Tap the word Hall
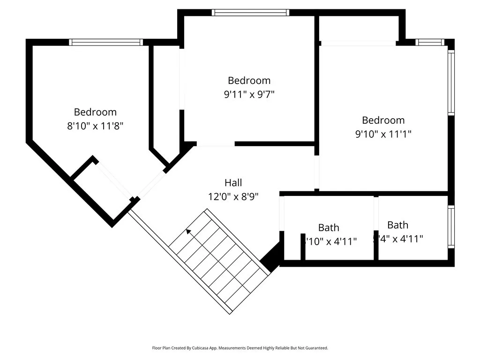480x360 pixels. (x=233, y=183)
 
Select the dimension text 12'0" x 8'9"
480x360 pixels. (x=233, y=197)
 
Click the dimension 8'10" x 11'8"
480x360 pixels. (x=95, y=126)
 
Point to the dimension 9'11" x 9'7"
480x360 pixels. (x=249, y=94)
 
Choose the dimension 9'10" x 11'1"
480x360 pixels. (x=383, y=134)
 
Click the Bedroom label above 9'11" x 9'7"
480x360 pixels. (x=249, y=80)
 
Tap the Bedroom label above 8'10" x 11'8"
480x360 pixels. (x=95, y=112)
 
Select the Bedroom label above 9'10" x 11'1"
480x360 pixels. (x=383, y=120)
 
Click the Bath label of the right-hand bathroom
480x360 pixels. (x=397, y=225)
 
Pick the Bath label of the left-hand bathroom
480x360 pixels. (x=329, y=228)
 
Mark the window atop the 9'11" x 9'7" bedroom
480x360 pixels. (x=250, y=13)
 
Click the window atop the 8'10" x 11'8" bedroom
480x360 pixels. (x=106, y=42)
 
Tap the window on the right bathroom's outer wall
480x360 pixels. (x=451, y=227)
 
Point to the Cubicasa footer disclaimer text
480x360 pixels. (x=240, y=348)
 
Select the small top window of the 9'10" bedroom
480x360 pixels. (x=430, y=42)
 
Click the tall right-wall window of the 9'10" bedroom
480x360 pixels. (x=451, y=82)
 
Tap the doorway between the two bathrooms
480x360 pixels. (x=376, y=214)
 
